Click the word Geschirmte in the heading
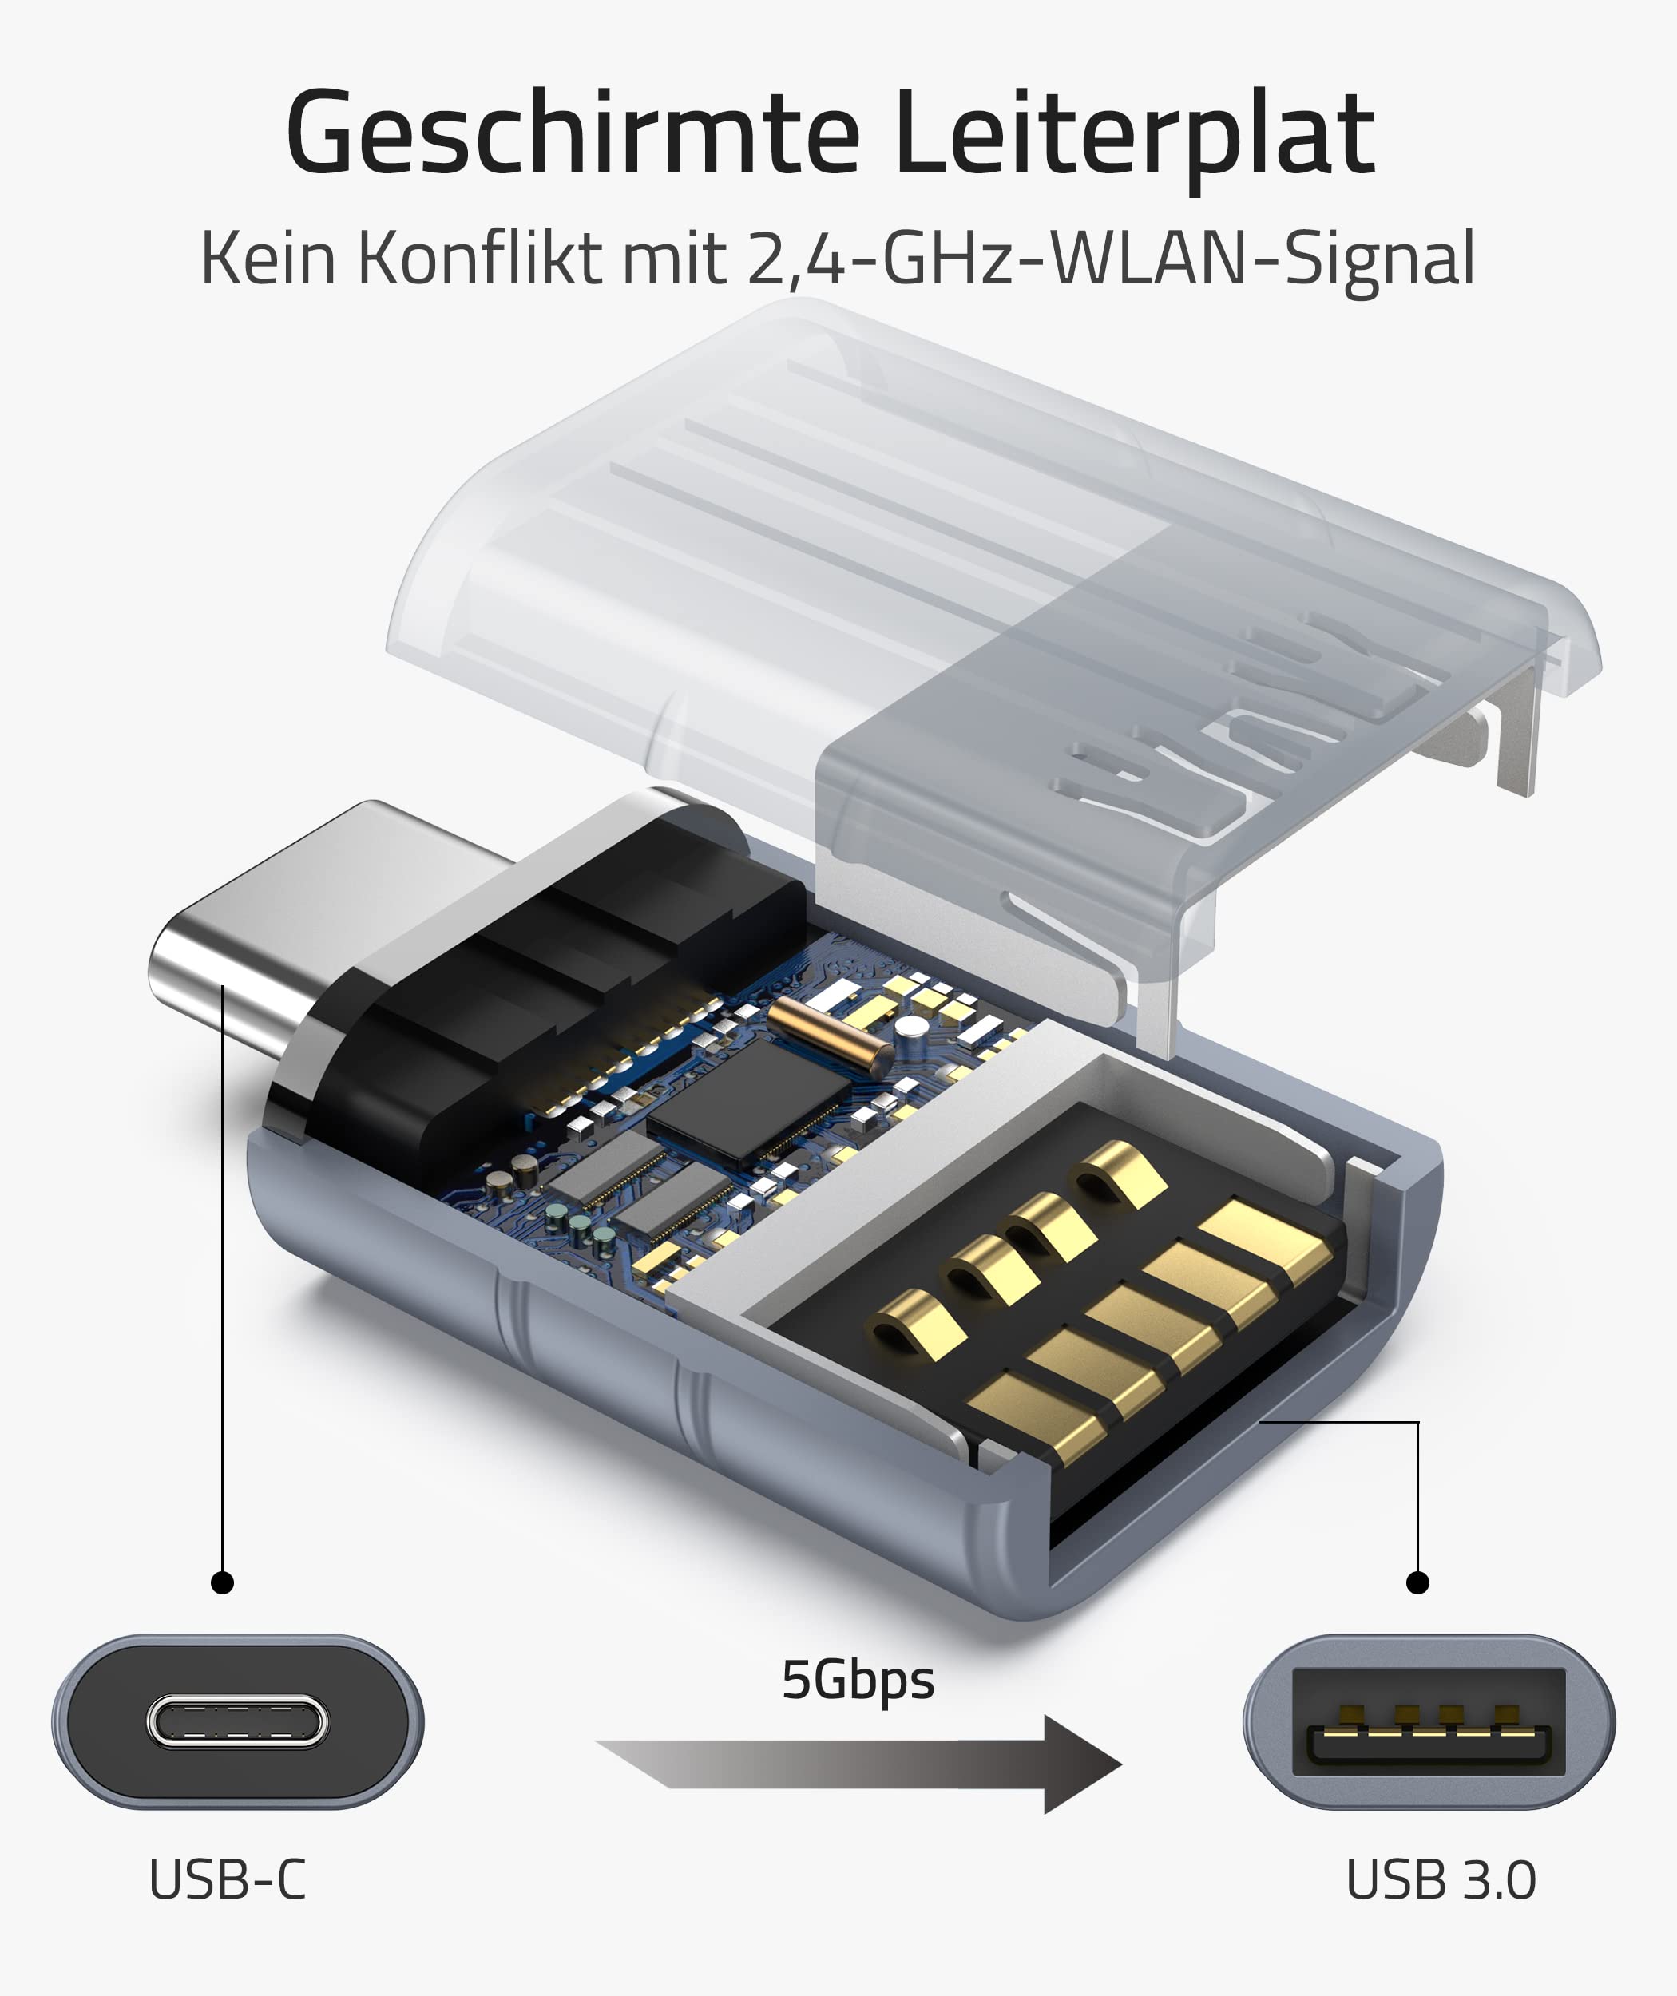(573, 133)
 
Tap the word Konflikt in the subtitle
(480, 259)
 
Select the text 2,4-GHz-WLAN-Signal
(1110, 259)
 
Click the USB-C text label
(228, 1880)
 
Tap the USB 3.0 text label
(1441, 1880)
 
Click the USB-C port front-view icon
(238, 1722)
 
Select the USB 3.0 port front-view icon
(1429, 1722)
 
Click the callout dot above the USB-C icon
(223, 1582)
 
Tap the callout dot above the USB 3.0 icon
(1417, 1582)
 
